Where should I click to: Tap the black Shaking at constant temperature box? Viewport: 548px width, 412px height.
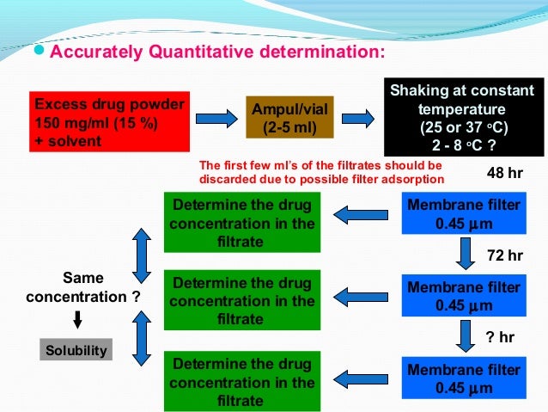pyautogui.click(x=461, y=118)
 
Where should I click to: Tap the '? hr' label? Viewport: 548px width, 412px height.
pyautogui.click(x=506, y=337)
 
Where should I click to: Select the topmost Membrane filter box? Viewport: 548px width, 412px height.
pyautogui.click(x=463, y=215)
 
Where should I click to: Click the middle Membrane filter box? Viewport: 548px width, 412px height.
pyautogui.click(x=463, y=296)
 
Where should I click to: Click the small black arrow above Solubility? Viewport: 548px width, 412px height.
pyautogui.click(x=77, y=320)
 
